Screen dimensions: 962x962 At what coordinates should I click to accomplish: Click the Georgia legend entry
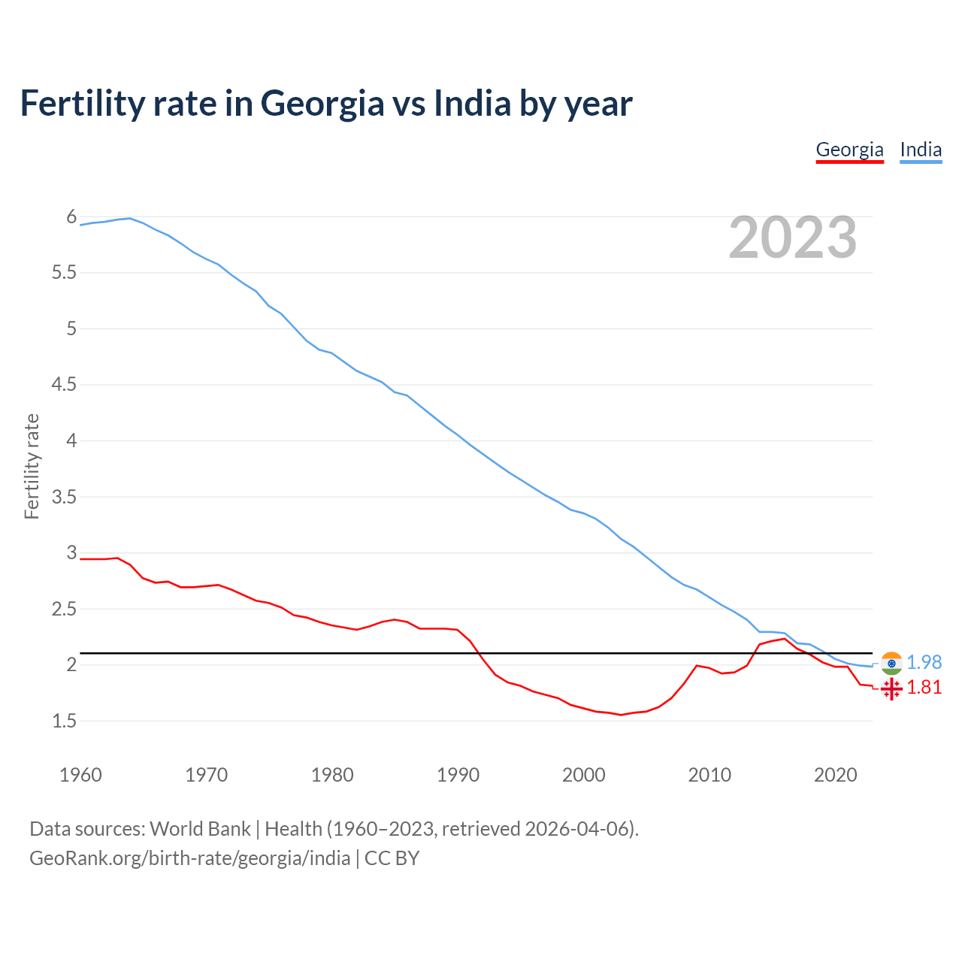tap(849, 150)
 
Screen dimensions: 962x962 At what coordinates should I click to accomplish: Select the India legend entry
tap(921, 150)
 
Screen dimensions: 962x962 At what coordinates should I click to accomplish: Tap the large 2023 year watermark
tap(793, 237)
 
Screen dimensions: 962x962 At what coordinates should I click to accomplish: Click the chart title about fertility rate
tap(326, 103)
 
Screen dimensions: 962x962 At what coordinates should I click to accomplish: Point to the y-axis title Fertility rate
tap(32, 466)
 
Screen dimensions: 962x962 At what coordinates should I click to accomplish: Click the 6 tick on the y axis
tap(71, 217)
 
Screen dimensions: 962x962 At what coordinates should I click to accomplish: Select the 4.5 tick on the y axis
tap(64, 385)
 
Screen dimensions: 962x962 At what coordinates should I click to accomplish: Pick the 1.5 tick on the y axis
tap(64, 721)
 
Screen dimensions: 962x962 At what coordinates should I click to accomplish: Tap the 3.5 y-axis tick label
tap(64, 497)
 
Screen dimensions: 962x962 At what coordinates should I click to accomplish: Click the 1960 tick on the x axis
tap(80, 775)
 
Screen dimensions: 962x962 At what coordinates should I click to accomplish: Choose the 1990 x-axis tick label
tap(458, 775)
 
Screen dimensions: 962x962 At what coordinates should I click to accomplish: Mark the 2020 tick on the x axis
tap(835, 775)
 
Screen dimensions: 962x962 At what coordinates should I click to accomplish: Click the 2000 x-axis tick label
tap(583, 775)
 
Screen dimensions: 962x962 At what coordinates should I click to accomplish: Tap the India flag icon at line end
tap(891, 663)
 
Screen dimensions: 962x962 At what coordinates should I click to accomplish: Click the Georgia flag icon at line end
tap(891, 688)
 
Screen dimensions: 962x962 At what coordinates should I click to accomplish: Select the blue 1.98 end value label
tap(924, 662)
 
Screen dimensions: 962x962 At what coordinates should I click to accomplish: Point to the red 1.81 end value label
tap(924, 688)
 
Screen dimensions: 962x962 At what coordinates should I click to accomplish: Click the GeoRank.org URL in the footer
tap(189, 858)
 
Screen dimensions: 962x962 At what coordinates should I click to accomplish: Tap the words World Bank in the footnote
tap(200, 829)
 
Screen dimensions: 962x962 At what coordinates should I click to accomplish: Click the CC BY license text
tap(392, 858)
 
